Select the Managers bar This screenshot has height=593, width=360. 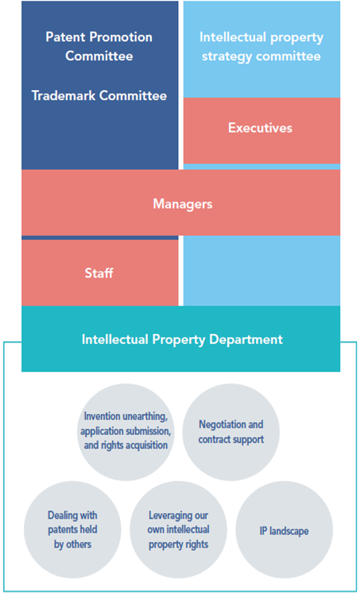pyautogui.click(x=181, y=203)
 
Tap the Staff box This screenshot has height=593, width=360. pyautogui.click(x=100, y=273)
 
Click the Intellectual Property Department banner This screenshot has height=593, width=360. pyautogui.click(x=181, y=339)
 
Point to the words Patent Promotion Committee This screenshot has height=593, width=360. pyautogui.click(x=99, y=47)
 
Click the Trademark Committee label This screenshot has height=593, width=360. pyautogui.click(x=99, y=96)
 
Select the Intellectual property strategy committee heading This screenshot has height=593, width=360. pyautogui.click(x=261, y=47)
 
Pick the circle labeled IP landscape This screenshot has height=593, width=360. pyautogui.click(x=284, y=530)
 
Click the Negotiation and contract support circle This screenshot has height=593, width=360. pyautogui.click(x=231, y=432)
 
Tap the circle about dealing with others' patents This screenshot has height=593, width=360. pyautogui.click(x=72, y=530)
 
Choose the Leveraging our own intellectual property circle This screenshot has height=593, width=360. pyautogui.click(x=179, y=530)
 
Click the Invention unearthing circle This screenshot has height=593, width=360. pyautogui.click(x=126, y=432)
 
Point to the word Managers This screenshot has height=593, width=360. pyautogui.click(x=182, y=204)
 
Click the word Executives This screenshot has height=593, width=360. pyautogui.click(x=260, y=128)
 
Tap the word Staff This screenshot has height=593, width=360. pyautogui.click(x=99, y=273)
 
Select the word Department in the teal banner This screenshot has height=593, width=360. pyautogui.click(x=246, y=339)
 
